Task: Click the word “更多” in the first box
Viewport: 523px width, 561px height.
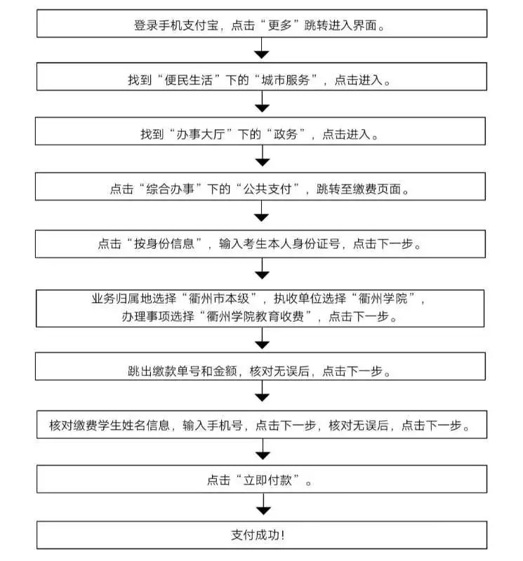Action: click(x=280, y=25)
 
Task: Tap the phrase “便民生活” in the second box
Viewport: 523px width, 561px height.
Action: click(x=188, y=80)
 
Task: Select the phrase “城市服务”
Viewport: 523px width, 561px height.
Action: click(x=286, y=80)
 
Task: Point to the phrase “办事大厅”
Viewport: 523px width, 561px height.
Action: click(x=201, y=134)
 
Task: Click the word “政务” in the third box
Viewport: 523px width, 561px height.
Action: click(x=286, y=134)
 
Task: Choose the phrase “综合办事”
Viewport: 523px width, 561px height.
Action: click(x=170, y=189)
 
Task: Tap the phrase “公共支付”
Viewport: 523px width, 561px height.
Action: click(x=267, y=189)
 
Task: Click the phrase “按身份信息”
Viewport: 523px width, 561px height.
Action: click(x=164, y=243)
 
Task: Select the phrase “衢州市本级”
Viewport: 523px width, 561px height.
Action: click(x=218, y=299)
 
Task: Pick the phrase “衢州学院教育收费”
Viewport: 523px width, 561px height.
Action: click(x=255, y=316)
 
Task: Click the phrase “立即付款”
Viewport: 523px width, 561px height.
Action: click(x=267, y=480)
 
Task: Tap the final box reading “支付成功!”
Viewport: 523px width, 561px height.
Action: click(x=262, y=535)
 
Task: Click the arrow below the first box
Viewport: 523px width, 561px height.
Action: click(x=261, y=48)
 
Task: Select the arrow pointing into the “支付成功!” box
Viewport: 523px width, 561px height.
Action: click(x=263, y=503)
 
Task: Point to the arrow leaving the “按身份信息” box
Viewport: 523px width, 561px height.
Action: click(x=262, y=269)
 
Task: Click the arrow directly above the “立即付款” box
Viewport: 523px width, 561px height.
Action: click(x=263, y=449)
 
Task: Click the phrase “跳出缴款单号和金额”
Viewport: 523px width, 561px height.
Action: click(x=183, y=371)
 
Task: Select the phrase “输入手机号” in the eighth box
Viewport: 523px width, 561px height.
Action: click(x=213, y=425)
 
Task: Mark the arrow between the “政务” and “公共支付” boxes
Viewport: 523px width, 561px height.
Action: click(x=263, y=156)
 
